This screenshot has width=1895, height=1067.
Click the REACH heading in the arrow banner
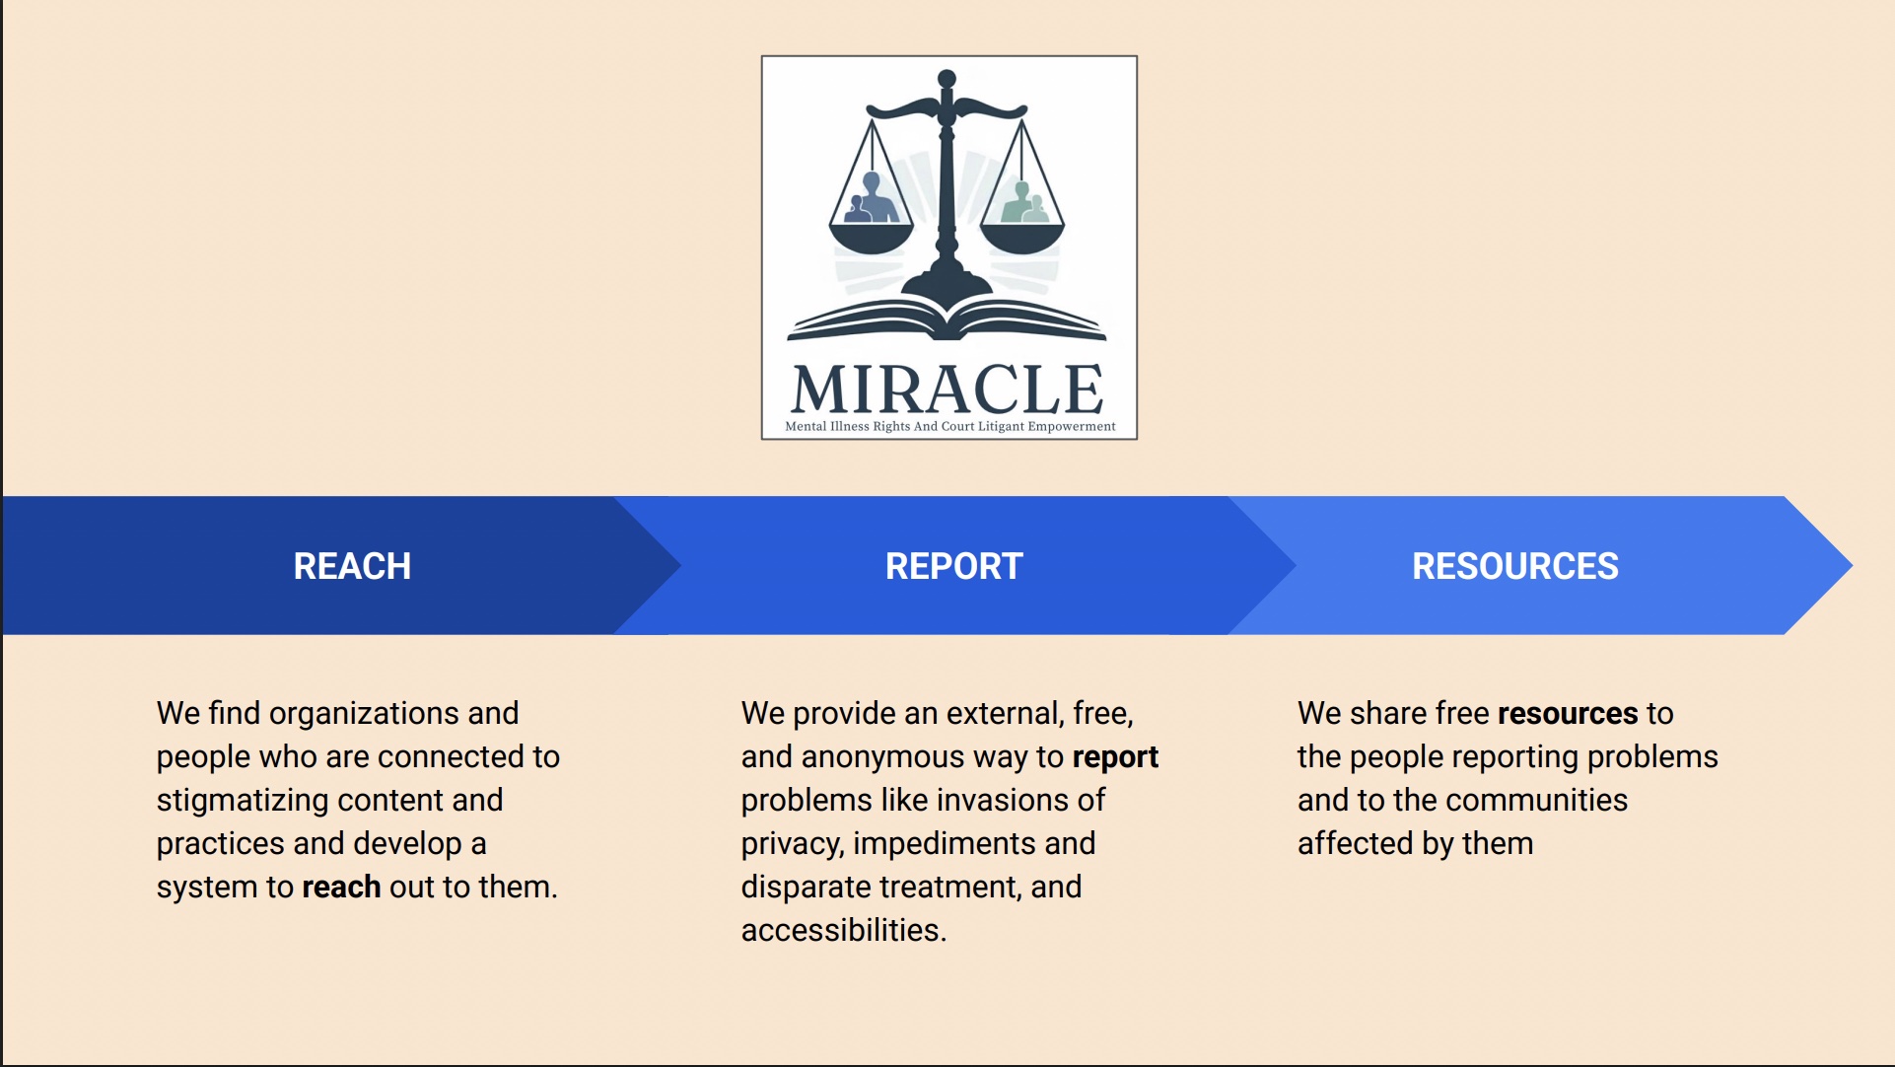pos(352,566)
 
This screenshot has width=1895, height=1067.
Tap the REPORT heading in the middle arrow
pos(953,566)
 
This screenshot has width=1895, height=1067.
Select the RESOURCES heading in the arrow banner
pos(1515,566)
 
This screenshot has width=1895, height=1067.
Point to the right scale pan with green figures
pos(1022,237)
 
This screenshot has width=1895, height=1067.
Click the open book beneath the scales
pos(947,320)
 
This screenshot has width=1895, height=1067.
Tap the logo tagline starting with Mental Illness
pos(950,427)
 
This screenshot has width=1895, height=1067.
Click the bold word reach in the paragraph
pos(341,887)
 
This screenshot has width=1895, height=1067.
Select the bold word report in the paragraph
pos(1115,757)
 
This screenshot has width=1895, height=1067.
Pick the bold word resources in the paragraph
pos(1568,713)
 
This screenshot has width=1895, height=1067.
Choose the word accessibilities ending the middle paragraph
pos(844,930)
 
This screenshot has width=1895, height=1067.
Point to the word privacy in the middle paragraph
pos(793,844)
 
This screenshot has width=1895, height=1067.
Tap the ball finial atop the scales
pos(947,79)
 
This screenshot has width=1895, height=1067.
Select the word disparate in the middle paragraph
pos(806,888)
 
